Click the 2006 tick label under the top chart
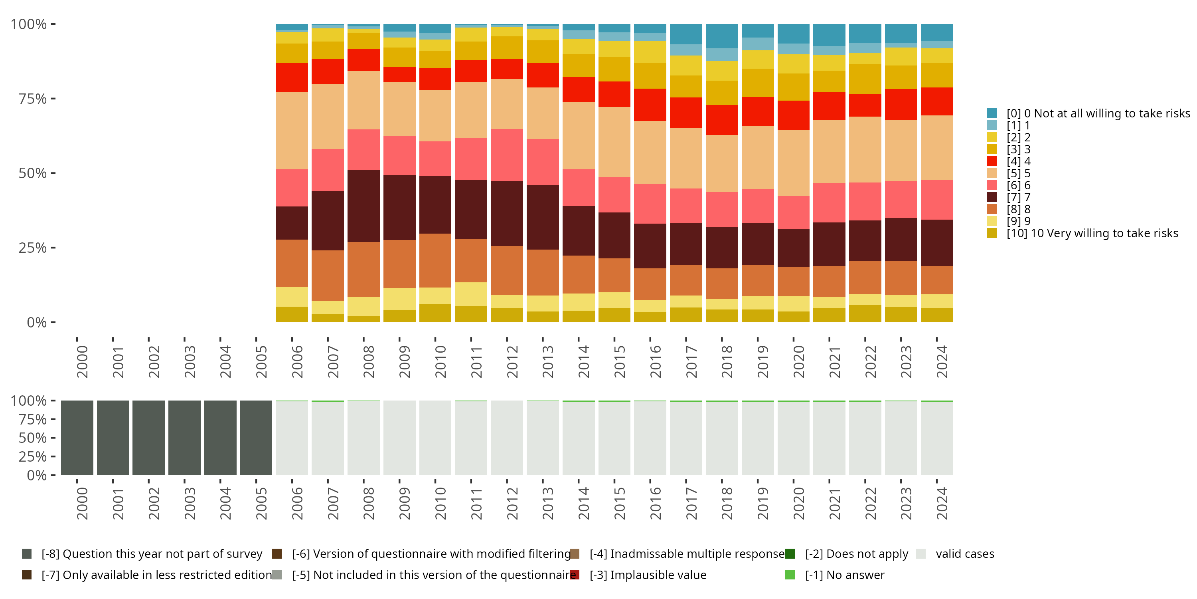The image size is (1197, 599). click(297, 361)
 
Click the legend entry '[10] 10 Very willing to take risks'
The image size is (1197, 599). click(1092, 233)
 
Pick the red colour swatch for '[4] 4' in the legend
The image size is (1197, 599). click(992, 161)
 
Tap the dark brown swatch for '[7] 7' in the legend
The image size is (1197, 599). click(992, 197)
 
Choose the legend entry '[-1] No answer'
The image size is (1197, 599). click(844, 575)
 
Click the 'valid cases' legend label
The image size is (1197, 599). click(965, 554)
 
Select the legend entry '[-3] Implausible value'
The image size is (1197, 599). click(648, 575)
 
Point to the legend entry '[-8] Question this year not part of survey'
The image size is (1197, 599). click(152, 554)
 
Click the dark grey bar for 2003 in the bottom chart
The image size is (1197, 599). click(184, 438)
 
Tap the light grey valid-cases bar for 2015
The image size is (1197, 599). click(614, 438)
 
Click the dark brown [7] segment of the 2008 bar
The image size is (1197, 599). click(364, 206)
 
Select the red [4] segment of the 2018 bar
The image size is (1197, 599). click(722, 120)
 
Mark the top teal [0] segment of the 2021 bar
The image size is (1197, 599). click(829, 35)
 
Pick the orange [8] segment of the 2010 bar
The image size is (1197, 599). click(435, 260)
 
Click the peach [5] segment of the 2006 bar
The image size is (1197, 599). click(292, 130)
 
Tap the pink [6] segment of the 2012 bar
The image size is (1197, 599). click(507, 155)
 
